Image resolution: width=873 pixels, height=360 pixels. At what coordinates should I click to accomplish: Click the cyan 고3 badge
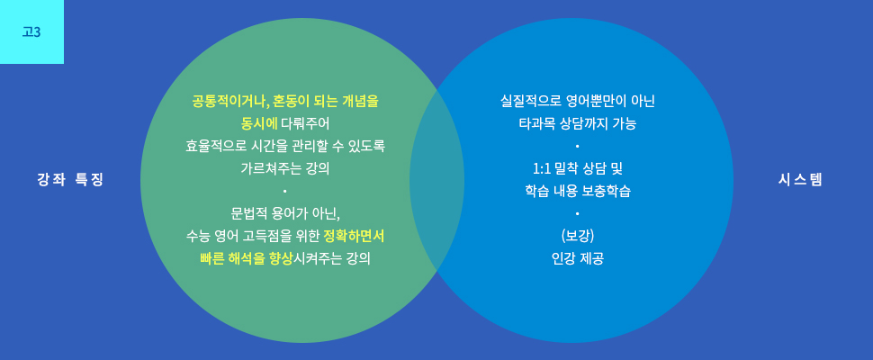[x=31, y=31]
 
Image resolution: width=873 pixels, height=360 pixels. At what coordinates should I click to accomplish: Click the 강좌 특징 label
[x=71, y=180]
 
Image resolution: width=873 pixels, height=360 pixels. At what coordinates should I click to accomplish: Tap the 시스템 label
[x=800, y=180]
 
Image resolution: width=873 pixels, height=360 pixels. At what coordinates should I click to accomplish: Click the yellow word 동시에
[x=259, y=123]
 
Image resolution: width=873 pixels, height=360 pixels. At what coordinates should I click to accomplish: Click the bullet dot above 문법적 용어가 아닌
[x=284, y=192]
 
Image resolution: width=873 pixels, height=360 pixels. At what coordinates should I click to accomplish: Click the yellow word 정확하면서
[x=354, y=237]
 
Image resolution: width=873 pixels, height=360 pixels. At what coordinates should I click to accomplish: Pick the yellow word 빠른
[x=212, y=258]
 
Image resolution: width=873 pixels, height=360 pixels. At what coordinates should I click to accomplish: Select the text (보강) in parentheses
[x=578, y=236]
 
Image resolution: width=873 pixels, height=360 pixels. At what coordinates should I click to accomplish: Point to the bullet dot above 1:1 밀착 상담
[x=578, y=147]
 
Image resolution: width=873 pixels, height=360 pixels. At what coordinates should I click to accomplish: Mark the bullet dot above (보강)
[x=578, y=213]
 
